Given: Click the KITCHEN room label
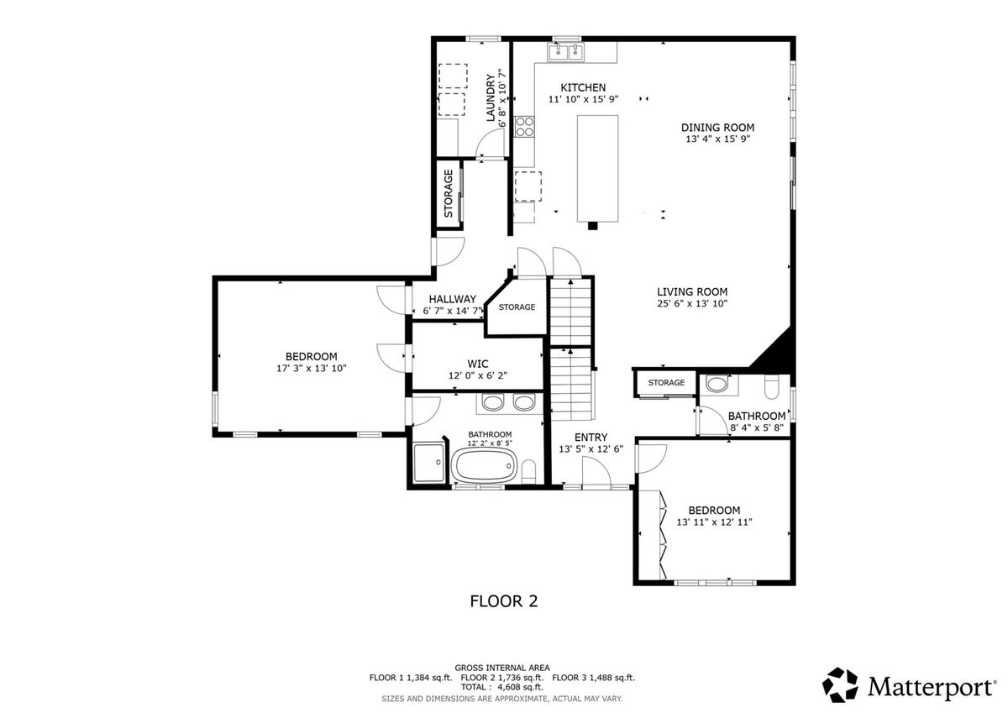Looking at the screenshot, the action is [x=583, y=87].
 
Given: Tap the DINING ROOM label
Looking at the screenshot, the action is [x=717, y=128].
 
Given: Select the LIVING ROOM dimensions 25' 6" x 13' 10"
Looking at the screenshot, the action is [x=692, y=304].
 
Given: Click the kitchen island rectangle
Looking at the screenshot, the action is [x=597, y=168].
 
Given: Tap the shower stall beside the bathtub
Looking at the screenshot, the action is [x=428, y=463].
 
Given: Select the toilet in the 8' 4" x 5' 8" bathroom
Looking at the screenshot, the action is [x=771, y=387].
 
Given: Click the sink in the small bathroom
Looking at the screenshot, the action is [x=716, y=384].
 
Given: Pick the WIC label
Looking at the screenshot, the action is [x=477, y=364].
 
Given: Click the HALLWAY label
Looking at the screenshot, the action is [x=452, y=299].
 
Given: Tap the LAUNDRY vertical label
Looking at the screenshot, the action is [x=491, y=98].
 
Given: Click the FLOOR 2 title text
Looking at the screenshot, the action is [x=503, y=601].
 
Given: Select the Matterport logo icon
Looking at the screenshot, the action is [x=840, y=685].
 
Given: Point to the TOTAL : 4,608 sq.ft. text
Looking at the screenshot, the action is [x=501, y=687].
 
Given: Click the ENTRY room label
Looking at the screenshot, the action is [x=591, y=438].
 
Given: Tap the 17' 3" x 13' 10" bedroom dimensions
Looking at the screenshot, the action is [x=312, y=369].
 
